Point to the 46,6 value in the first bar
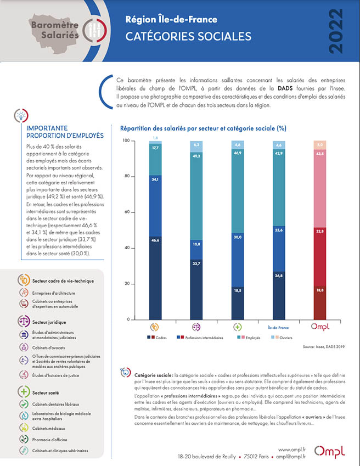[x=155, y=240]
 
